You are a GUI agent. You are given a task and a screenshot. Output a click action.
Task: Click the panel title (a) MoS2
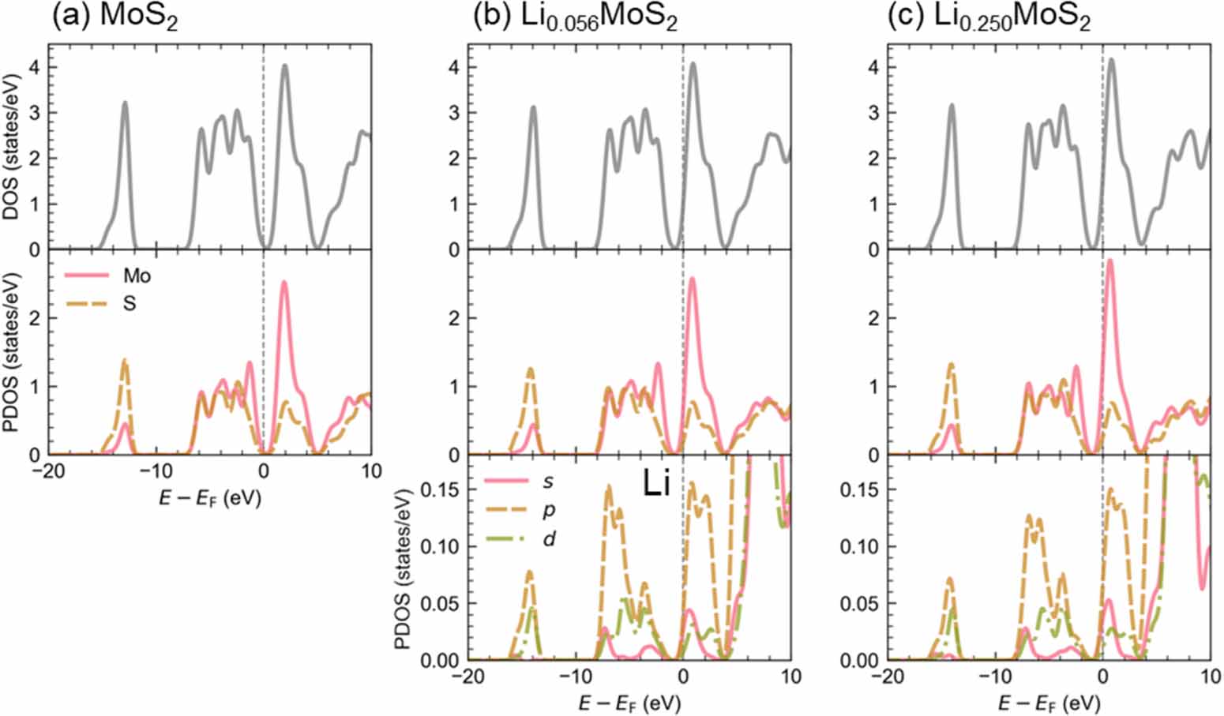point(115,17)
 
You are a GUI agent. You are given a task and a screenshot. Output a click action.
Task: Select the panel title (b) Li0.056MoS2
point(574,17)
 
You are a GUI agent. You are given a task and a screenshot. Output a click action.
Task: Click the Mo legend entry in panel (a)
point(137,276)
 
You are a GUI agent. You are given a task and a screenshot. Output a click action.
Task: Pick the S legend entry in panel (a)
point(129,303)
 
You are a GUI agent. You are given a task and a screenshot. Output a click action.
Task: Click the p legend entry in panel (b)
point(547,510)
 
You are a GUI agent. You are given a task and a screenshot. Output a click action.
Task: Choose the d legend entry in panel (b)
point(547,539)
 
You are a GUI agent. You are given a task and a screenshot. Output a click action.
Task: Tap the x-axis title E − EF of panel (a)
point(210,500)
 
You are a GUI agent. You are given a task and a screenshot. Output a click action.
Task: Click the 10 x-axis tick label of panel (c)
point(1208,677)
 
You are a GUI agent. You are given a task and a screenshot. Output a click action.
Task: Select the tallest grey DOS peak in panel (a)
point(284,66)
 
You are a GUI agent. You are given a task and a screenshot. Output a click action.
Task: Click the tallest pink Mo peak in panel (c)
point(1109,261)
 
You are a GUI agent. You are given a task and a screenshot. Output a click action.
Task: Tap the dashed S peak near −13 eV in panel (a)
point(124,361)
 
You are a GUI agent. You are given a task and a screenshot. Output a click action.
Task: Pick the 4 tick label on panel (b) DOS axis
point(452,67)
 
